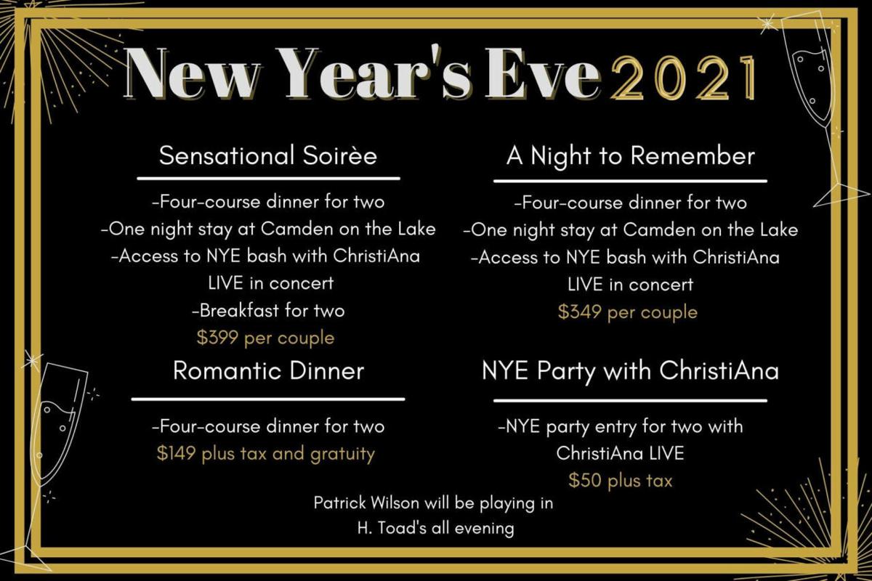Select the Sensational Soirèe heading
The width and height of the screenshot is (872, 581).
click(x=268, y=156)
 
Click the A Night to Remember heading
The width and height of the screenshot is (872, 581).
click(x=630, y=156)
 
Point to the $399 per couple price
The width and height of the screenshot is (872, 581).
click(x=266, y=338)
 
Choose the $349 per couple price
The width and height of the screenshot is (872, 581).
click(x=628, y=312)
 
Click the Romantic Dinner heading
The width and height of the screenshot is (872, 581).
click(x=268, y=371)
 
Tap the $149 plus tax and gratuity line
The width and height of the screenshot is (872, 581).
click(x=266, y=454)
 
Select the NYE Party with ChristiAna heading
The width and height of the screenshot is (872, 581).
click(x=630, y=371)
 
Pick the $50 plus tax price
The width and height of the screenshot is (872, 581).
click(x=621, y=480)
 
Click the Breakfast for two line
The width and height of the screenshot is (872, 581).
click(x=268, y=311)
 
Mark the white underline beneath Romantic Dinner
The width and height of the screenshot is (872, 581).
click(x=268, y=399)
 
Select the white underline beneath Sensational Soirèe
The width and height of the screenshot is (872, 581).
click(x=268, y=178)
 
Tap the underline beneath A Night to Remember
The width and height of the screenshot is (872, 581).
click(x=630, y=181)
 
